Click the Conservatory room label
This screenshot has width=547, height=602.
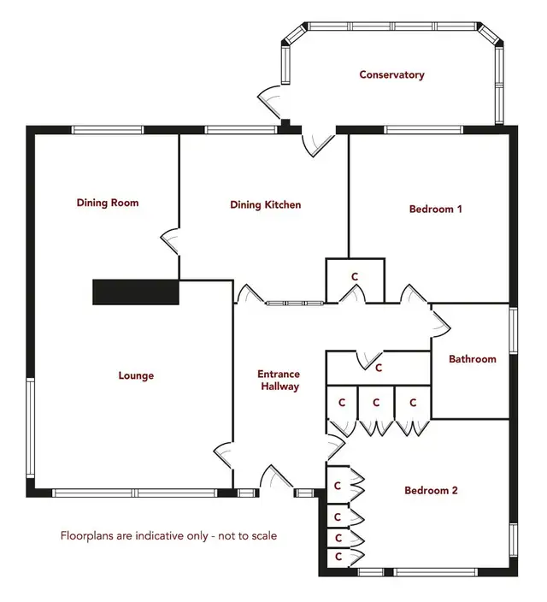click(391, 74)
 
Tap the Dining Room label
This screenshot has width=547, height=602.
click(108, 203)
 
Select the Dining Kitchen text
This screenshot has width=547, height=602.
click(265, 204)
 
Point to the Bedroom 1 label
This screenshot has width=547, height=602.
click(435, 210)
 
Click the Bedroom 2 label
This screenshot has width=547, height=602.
click(431, 490)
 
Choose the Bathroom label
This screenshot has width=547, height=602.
click(472, 359)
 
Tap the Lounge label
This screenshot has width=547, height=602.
click(136, 375)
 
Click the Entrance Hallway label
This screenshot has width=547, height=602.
click(279, 380)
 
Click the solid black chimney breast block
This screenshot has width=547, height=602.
click(136, 292)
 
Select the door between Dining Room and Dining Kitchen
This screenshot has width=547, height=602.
click(170, 241)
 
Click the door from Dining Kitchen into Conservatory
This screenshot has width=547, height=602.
click(318, 144)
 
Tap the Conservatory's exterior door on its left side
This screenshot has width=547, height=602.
click(270, 101)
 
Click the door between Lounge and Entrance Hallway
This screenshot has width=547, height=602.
click(223, 455)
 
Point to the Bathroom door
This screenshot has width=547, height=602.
click(440, 323)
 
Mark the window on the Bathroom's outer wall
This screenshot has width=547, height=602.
click(513, 330)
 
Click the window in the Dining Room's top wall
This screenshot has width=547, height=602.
click(108, 130)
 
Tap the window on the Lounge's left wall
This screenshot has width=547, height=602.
click(30, 428)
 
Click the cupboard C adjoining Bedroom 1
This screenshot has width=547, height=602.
click(355, 280)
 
